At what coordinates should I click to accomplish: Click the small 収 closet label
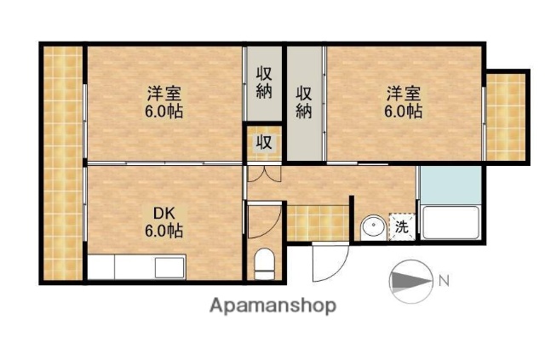(264, 142)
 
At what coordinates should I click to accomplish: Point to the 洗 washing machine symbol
(401, 227)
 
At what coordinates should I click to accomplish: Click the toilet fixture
(264, 261)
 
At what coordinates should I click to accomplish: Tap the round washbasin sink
(371, 227)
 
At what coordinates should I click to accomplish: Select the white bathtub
(449, 223)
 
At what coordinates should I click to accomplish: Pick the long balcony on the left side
(62, 162)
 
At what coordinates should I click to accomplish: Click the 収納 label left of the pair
(264, 83)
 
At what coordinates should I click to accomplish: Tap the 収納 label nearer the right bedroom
(304, 101)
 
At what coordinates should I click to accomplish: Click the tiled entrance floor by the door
(318, 221)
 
